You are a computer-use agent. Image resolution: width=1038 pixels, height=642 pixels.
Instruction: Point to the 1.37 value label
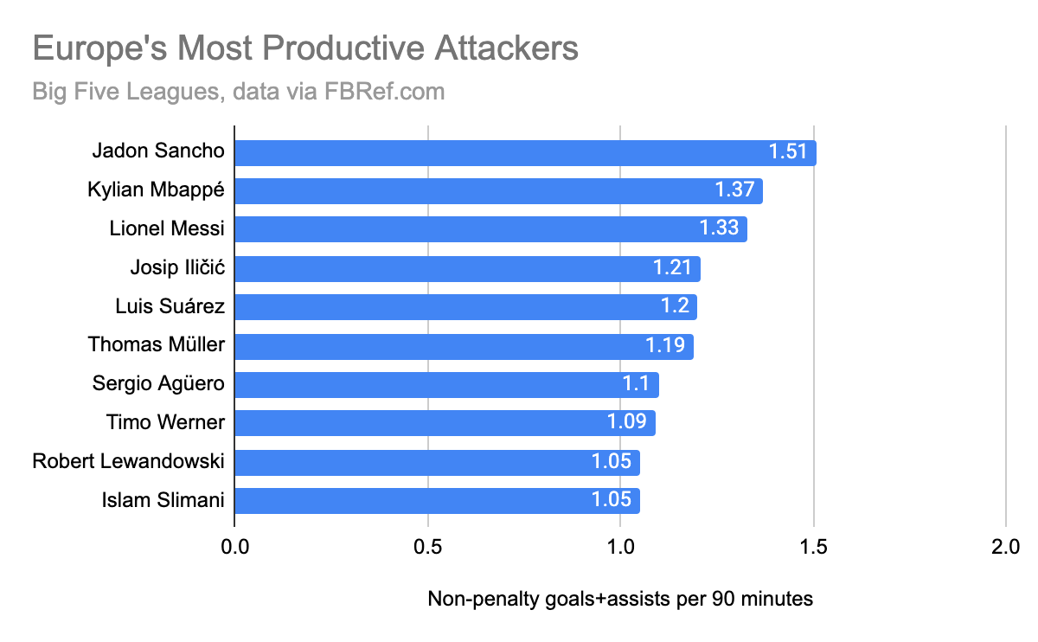click(x=735, y=191)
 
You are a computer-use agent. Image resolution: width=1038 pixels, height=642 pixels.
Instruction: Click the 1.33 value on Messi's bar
click(x=720, y=229)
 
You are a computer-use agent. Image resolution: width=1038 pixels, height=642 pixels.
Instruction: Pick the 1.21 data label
click(x=673, y=268)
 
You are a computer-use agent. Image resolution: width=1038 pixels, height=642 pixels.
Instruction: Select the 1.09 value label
click(x=628, y=423)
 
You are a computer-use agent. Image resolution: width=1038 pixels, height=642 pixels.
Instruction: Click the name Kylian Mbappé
click(x=156, y=190)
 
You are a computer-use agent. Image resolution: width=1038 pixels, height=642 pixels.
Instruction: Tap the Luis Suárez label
click(x=170, y=306)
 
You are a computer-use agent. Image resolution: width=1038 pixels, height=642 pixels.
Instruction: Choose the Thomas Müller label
click(x=156, y=344)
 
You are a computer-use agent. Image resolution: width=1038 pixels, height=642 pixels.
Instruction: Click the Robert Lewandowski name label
click(x=128, y=461)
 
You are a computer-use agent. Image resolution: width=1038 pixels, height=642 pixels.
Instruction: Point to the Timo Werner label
click(x=165, y=422)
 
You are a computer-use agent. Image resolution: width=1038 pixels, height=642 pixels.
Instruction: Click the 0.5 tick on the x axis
click(x=427, y=547)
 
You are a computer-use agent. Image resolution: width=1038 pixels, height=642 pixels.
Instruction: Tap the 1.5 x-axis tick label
click(x=814, y=547)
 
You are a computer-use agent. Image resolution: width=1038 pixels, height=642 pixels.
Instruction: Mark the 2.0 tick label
click(x=1006, y=547)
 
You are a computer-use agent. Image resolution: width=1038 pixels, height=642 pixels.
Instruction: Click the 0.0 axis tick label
click(x=234, y=547)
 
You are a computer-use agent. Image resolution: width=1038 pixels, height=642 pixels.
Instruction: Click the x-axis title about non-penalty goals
click(x=620, y=599)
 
